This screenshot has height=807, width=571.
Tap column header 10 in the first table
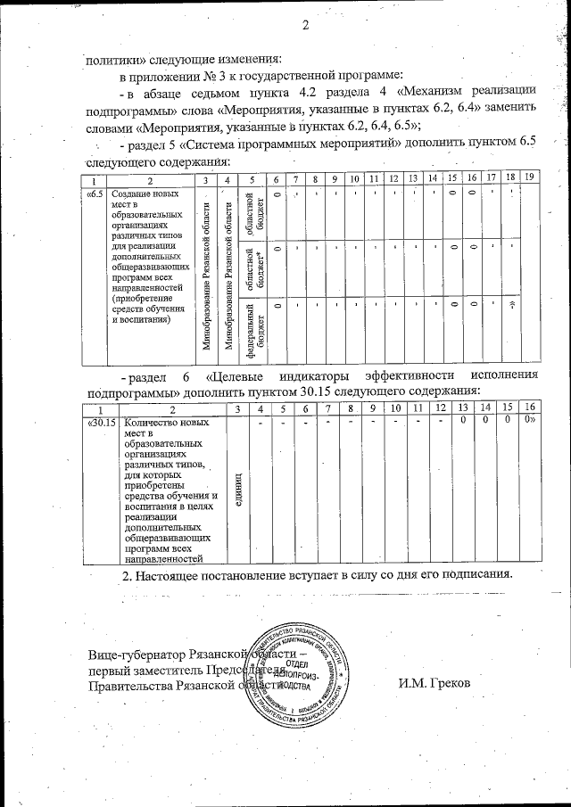pos(353,178)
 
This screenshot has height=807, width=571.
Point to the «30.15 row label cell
pos(103,424)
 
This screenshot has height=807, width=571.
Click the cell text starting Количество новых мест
pos(168,490)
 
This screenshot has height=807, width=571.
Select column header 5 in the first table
pos(252,178)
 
